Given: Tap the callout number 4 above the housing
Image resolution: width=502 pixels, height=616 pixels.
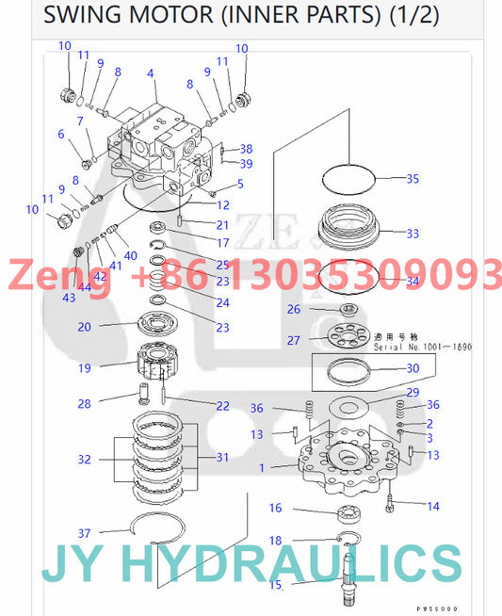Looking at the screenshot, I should coord(151,73).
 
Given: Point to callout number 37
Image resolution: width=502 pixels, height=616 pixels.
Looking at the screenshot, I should coord(84,533).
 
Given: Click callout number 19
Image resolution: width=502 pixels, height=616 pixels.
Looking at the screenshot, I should coord(84,368).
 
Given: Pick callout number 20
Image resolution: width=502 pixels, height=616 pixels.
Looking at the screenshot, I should coord(84,327).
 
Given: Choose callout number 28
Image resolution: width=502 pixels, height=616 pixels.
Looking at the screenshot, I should coord(84,403).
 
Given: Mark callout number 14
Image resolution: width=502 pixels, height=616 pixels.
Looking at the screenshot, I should coord(433,507).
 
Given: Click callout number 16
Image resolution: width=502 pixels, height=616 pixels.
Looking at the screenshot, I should coord(275,509).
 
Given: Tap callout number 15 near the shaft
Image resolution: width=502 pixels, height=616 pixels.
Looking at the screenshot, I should coord(275,585).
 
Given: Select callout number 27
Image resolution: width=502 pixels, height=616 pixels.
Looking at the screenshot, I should coord(293,340).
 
